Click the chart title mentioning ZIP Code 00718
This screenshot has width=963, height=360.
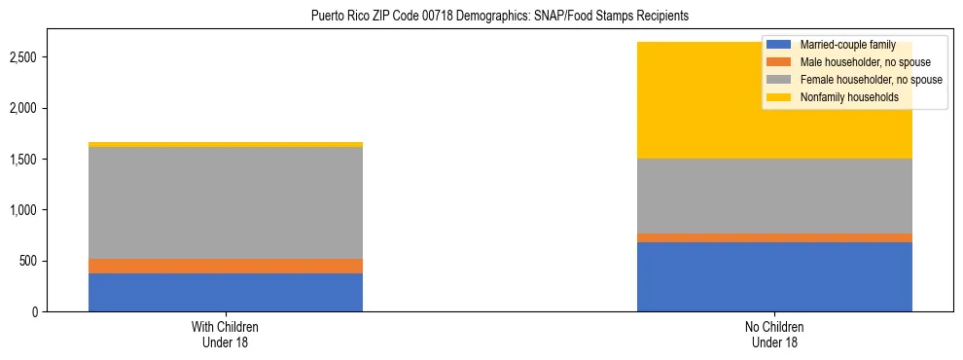pyautogui.click(x=500, y=16)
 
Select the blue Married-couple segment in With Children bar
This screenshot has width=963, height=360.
pyautogui.click(x=226, y=292)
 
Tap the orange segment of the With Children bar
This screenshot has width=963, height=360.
pyautogui.click(x=226, y=266)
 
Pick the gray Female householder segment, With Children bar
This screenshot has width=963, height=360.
pyautogui.click(x=226, y=202)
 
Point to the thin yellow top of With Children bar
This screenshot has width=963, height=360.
pyautogui.click(x=226, y=144)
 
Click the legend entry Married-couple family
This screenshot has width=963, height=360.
pyautogui.click(x=842, y=45)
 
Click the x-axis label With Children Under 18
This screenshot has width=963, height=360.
pyautogui.click(x=226, y=335)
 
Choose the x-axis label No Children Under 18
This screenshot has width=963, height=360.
pyautogui.click(x=774, y=335)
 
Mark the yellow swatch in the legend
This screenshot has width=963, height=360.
pyautogui.click(x=778, y=97)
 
